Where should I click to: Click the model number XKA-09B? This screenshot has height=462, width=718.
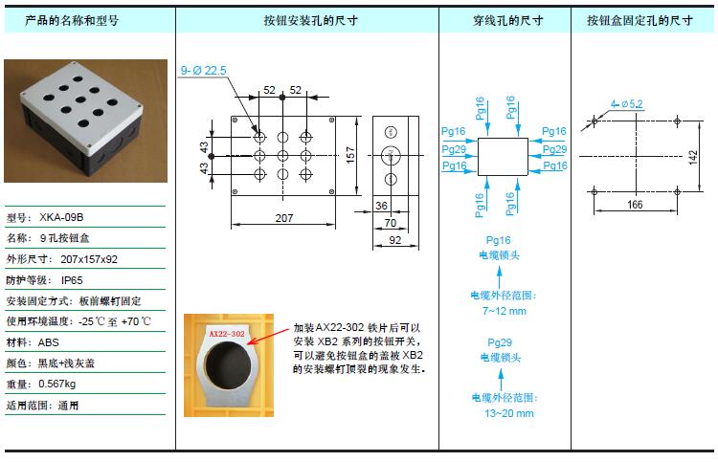pyautogui.click(x=61, y=217)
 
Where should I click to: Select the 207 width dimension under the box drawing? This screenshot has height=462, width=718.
pyautogui.click(x=284, y=218)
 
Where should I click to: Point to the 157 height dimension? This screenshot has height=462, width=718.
pyautogui.click(x=350, y=155)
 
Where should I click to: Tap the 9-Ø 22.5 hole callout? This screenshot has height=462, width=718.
pyautogui.click(x=203, y=71)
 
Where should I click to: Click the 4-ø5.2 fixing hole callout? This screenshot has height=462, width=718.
pyautogui.click(x=626, y=104)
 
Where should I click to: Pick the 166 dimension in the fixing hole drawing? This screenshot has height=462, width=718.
pyautogui.click(x=635, y=205)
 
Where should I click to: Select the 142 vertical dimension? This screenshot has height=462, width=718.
pyautogui.click(x=692, y=158)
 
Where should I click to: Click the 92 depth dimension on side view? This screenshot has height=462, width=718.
pyautogui.click(x=394, y=240)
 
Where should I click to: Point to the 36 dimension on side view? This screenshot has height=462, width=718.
pyautogui.click(x=381, y=206)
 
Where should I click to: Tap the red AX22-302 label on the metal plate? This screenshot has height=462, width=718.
pyautogui.click(x=227, y=334)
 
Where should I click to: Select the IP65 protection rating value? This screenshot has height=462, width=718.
pyautogui.click(x=72, y=280)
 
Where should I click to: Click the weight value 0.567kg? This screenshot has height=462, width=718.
pyautogui.click(x=57, y=384)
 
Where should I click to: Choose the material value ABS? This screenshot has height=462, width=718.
pyautogui.click(x=49, y=342)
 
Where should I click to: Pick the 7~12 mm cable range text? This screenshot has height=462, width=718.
pyautogui.click(x=505, y=311)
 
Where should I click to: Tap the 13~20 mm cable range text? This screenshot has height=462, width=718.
pyautogui.click(x=509, y=413)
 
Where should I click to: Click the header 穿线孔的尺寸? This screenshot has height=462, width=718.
pyautogui.click(x=507, y=21)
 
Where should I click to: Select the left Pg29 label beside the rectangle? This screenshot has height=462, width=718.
pyautogui.click(x=454, y=149)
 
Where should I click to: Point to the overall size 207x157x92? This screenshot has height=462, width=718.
pyautogui.click(x=89, y=259)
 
